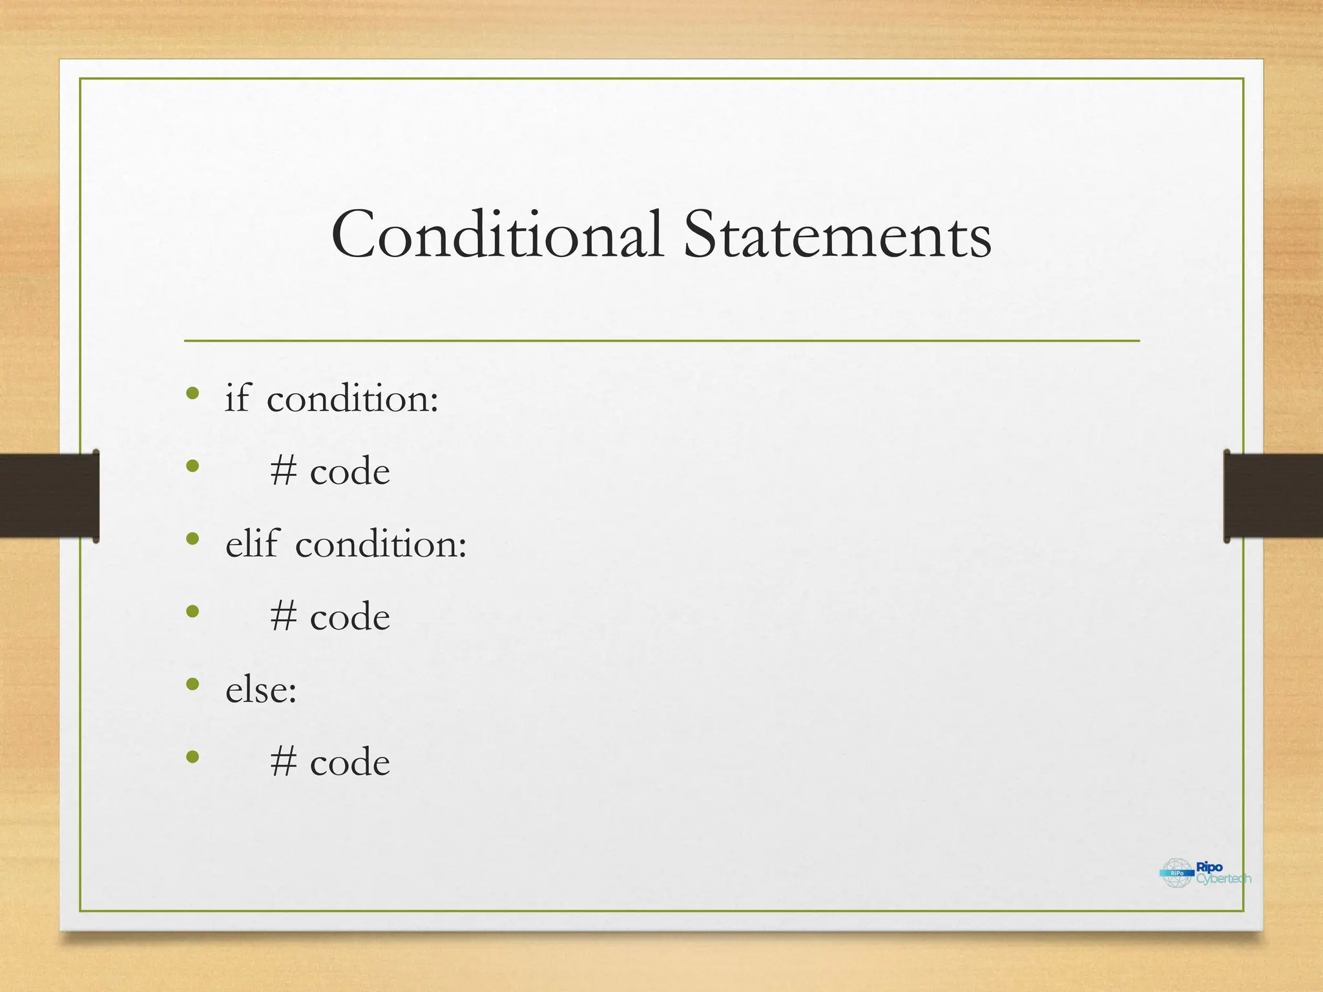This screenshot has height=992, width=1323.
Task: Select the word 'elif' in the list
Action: point(253,543)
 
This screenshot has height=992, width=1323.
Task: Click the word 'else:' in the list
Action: point(261,689)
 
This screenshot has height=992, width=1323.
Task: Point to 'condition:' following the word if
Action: point(353,398)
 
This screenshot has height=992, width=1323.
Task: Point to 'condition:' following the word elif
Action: point(381,544)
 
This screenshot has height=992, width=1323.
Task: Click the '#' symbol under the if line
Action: point(284,471)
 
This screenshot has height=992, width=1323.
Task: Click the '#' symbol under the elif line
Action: point(284,617)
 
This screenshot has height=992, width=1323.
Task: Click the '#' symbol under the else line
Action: point(284,762)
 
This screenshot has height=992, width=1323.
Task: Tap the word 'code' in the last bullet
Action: point(350,763)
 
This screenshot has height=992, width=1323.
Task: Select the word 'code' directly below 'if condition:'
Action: point(350,471)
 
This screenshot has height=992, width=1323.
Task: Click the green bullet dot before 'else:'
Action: point(192,684)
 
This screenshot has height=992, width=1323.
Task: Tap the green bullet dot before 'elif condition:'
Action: point(192,539)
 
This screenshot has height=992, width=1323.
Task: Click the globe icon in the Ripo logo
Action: point(1177,873)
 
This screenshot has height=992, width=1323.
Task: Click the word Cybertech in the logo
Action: point(1224,879)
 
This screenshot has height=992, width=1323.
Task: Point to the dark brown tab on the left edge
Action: point(49,495)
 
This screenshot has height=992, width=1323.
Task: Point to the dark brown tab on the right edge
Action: point(1273,495)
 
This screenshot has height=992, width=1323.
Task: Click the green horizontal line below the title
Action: point(661,340)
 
